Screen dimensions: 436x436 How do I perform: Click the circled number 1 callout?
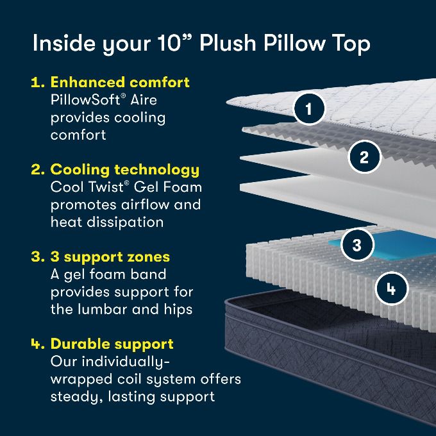[309, 108]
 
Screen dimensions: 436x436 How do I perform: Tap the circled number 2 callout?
[364, 157]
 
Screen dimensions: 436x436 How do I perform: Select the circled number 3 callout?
[356, 245]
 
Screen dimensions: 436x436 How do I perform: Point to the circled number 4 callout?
[392, 289]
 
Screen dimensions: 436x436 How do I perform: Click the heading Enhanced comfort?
[120, 82]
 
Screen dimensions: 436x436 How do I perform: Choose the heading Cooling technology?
[125, 170]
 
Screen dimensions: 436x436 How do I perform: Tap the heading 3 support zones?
[110, 257]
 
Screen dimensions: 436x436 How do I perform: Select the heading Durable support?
[112, 344]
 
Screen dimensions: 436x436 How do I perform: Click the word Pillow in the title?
[294, 43]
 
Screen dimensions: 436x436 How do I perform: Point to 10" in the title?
[174, 43]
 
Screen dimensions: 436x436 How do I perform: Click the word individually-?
[126, 362]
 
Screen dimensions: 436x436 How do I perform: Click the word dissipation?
[125, 222]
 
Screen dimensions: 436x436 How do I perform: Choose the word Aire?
[143, 100]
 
